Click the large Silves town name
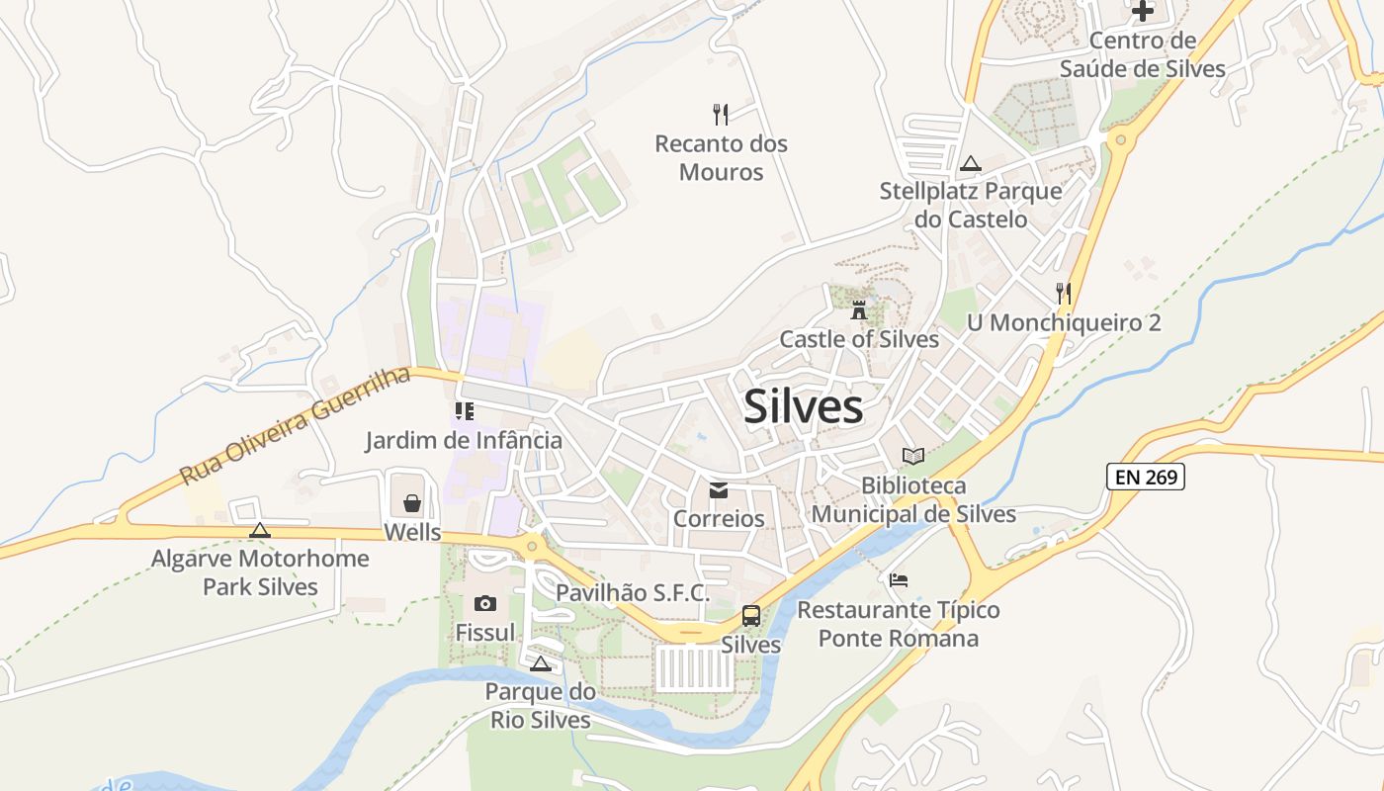click(x=803, y=406)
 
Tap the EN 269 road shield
click(x=1145, y=477)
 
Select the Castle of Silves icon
click(x=858, y=309)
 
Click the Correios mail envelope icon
click(x=719, y=490)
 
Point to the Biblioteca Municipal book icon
click(x=913, y=456)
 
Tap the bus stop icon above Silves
click(x=751, y=616)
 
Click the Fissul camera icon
click(x=485, y=603)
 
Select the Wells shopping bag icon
click(x=412, y=503)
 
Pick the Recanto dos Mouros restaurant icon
click(x=721, y=115)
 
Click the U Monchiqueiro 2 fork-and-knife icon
click(x=1063, y=293)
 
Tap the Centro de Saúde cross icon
click(x=1143, y=12)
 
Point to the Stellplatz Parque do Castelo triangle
click(x=970, y=163)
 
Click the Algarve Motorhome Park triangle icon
click(x=260, y=530)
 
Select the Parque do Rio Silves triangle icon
click(x=540, y=663)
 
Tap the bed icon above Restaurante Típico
click(x=899, y=579)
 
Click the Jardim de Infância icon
click(x=464, y=410)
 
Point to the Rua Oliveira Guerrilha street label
click(x=295, y=426)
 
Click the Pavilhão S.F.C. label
click(x=633, y=593)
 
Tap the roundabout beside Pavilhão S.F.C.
click(x=533, y=544)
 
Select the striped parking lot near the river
click(x=695, y=669)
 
